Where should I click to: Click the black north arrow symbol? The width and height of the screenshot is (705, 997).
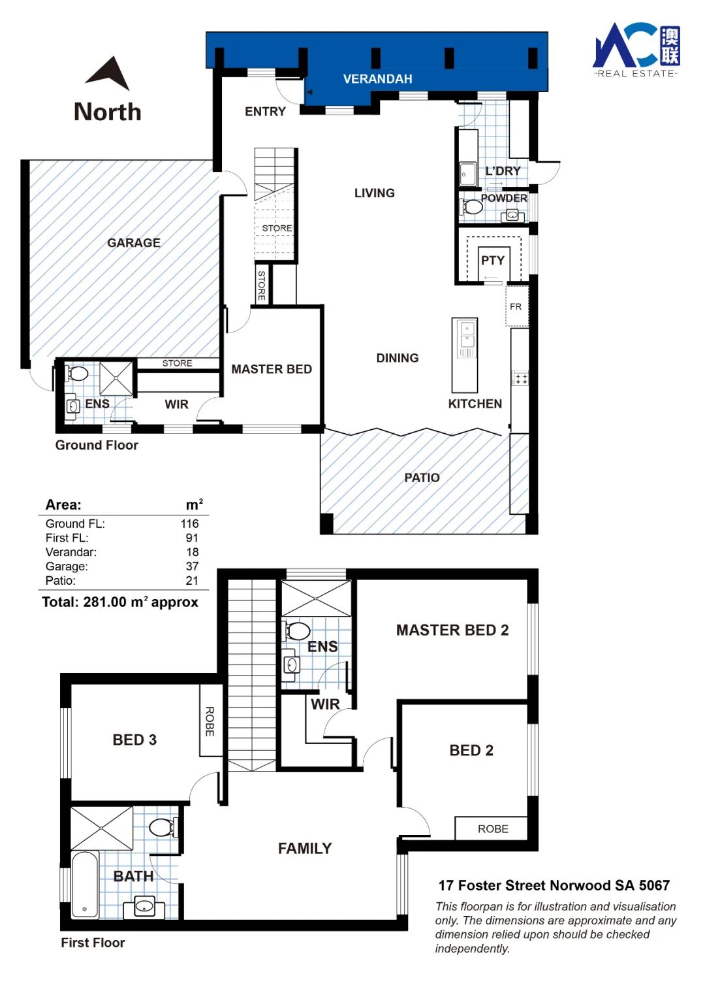[109, 74]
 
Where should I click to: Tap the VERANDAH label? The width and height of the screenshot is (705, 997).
[377, 79]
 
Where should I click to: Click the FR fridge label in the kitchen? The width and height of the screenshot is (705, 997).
[516, 306]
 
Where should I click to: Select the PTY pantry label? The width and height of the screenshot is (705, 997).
[493, 261]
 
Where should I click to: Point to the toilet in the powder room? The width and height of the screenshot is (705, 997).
[471, 206]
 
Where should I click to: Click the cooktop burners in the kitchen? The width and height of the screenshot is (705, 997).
[521, 379]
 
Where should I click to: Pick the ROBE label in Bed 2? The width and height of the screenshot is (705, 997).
[493, 828]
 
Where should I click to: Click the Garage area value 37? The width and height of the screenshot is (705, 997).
[192, 566]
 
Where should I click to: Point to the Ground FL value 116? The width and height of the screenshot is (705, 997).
[189, 523]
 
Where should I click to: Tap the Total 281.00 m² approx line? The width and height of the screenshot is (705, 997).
[120, 602]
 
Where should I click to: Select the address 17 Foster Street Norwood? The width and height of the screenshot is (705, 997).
[554, 885]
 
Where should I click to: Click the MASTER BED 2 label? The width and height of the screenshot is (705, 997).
[452, 630]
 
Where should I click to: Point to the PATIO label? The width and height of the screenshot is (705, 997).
[422, 478]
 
